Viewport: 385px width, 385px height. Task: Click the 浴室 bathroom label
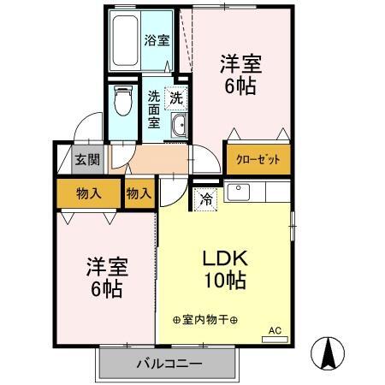click(156, 39)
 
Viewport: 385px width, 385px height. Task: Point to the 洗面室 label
click(154, 110)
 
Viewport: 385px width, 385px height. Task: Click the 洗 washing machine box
click(176, 98)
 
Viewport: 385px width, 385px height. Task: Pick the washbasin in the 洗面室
click(179, 127)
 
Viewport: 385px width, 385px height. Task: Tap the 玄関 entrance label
click(85, 159)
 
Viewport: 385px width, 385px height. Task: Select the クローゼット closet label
click(258, 160)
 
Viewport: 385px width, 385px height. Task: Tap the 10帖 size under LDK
click(224, 280)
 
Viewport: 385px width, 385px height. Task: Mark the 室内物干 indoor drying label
click(205, 320)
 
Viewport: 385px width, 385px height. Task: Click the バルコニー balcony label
click(168, 364)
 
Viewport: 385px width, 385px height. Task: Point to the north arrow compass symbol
click(329, 351)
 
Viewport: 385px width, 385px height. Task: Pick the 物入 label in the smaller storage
click(139, 193)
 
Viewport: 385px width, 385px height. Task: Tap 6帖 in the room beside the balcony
click(106, 288)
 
